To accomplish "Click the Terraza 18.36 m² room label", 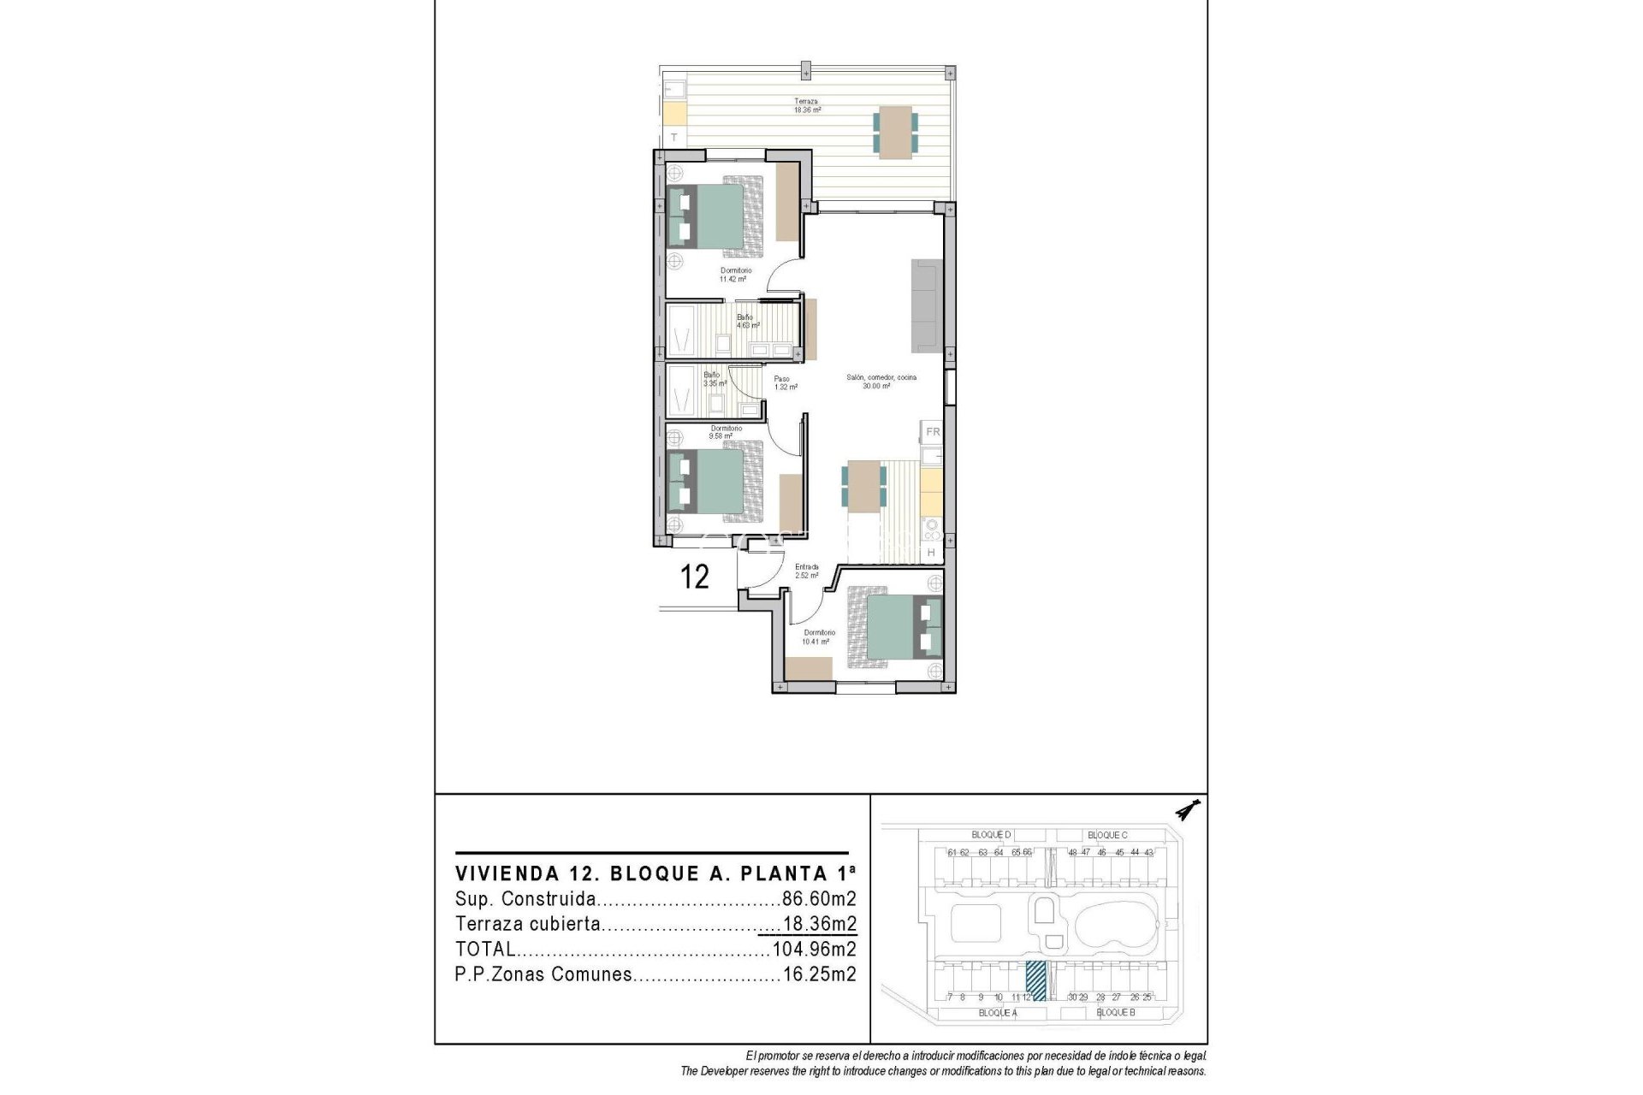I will [806, 106].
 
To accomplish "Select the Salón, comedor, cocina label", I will [881, 382].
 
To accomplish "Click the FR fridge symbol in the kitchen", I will [932, 432].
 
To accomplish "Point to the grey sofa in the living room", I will [926, 305].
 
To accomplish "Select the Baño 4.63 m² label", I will [746, 321].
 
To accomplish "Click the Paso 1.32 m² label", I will [785, 383].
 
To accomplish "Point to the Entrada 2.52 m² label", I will [806, 571].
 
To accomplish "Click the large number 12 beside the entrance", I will [694, 577].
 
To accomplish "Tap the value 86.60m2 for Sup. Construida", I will [819, 899].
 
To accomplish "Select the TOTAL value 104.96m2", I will [814, 949].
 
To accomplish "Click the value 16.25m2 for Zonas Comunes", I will [819, 974].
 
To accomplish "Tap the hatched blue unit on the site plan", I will [1036, 980].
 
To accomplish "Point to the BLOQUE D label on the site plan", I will [991, 835].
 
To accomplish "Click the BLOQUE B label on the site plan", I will [1115, 1013].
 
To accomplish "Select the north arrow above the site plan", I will [1188, 810].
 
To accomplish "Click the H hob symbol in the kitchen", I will [931, 553].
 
